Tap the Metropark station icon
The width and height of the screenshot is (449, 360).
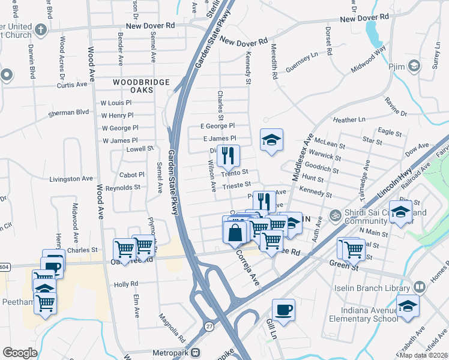pyautogui.click(x=203, y=353)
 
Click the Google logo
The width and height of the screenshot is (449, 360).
pyautogui.click(x=19, y=353)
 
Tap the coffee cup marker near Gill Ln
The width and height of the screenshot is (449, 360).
pyautogui.click(x=283, y=310)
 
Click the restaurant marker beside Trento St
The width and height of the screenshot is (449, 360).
pyautogui.click(x=228, y=156)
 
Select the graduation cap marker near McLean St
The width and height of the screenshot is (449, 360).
pyautogui.click(x=271, y=140)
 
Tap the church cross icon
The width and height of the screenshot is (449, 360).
pyautogui.click(x=40, y=29)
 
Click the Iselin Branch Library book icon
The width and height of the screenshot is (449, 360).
pyautogui.click(x=419, y=289)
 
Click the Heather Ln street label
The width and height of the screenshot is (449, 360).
pyautogui.click(x=344, y=120)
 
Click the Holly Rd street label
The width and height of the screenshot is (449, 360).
pyautogui.click(x=127, y=284)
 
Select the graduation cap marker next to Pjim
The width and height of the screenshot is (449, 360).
pyautogui.click(x=414, y=65)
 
